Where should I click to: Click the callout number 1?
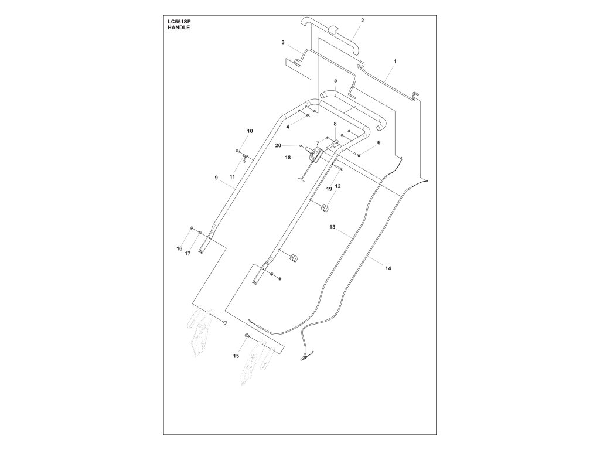[395, 61]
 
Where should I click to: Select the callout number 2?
[362, 21]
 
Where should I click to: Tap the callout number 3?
[283, 43]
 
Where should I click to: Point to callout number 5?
[336, 80]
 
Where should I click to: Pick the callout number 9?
[216, 177]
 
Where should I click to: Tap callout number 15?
[237, 356]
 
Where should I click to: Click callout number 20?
[278, 145]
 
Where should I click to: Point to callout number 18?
[288, 158]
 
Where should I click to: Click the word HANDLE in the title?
[176, 28]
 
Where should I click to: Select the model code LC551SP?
[179, 22]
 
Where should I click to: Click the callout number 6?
[379, 142]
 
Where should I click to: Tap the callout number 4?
[288, 127]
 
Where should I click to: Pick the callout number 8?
[335, 124]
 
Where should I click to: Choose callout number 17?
[188, 254]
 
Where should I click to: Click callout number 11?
[233, 176]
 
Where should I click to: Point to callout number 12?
[337, 186]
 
